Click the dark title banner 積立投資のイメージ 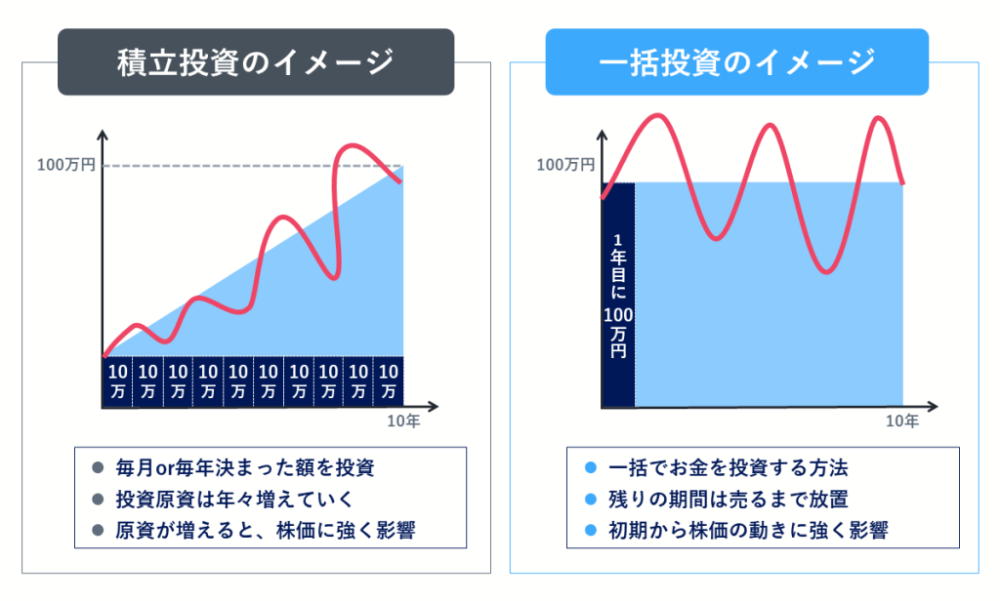point(256,61)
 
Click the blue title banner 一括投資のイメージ point(736,61)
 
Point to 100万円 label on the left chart point(65,165)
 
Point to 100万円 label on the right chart point(565,165)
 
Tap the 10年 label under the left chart point(403,421)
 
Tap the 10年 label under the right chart point(902,421)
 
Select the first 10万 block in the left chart point(118,381)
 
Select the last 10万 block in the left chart point(389,381)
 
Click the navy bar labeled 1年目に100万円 point(618,295)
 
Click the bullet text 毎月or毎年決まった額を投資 point(245,467)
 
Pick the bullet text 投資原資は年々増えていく point(234,499)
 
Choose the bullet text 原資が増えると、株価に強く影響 point(266,530)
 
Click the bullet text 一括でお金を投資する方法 point(729,467)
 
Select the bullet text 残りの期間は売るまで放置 point(729,499)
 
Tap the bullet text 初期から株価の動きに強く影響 point(748,530)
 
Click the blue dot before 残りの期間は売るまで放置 point(591,499)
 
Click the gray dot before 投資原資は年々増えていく point(98,499)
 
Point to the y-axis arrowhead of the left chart point(102,134)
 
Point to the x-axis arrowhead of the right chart point(933,406)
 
